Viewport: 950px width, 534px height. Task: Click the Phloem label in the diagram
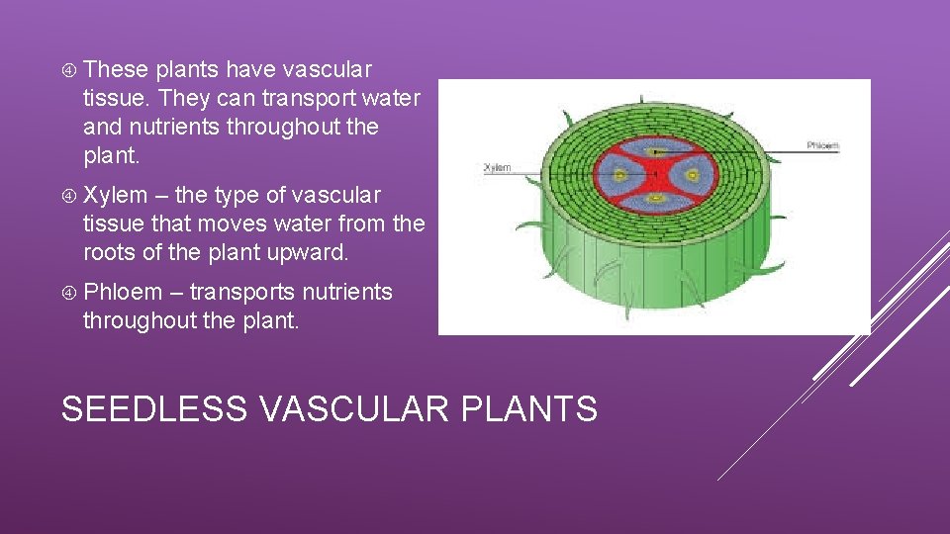click(822, 145)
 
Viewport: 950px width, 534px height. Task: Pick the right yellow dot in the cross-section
click(693, 176)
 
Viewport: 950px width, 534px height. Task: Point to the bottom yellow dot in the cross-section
click(656, 200)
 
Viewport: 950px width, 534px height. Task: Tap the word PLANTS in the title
click(533, 407)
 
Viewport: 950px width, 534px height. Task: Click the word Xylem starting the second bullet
click(115, 196)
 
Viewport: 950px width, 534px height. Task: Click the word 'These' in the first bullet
click(116, 70)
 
